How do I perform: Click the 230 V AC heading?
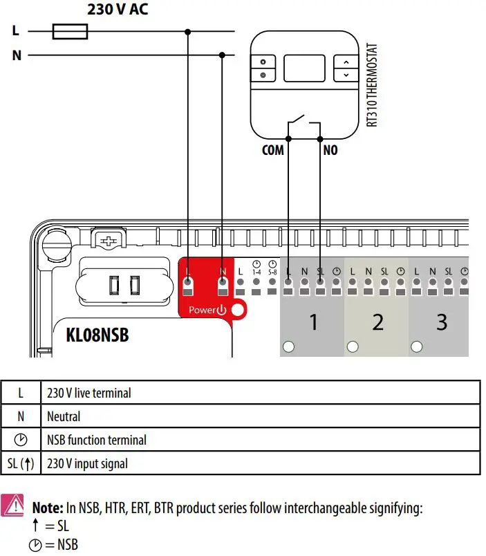click(118, 10)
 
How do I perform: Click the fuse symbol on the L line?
click(70, 31)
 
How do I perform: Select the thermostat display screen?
click(304, 68)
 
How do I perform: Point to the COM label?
click(273, 149)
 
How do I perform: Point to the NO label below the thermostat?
click(330, 149)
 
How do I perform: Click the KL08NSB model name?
click(97, 336)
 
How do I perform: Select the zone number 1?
click(313, 322)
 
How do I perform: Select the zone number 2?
click(377, 322)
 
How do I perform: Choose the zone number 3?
click(441, 322)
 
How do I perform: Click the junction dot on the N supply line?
click(222, 55)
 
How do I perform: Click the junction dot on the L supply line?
click(188, 31)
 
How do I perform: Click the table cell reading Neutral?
click(64, 416)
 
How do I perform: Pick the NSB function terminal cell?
click(97, 440)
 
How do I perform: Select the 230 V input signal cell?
click(87, 463)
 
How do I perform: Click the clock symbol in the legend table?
click(21, 440)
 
